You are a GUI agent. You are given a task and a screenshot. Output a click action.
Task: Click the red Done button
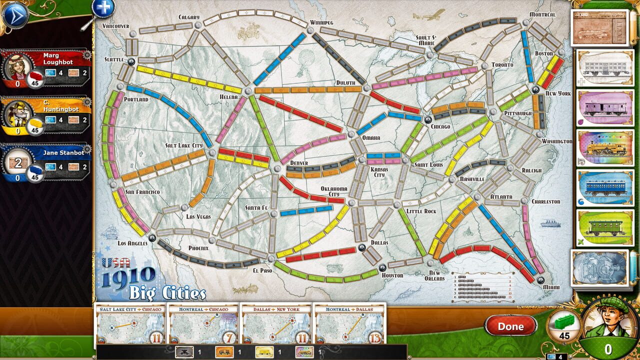(510, 326)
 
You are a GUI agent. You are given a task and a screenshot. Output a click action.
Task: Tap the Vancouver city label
(115, 26)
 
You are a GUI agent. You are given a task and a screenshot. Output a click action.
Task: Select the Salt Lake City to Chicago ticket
(130, 323)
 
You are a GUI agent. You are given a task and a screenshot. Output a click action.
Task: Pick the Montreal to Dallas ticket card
(349, 323)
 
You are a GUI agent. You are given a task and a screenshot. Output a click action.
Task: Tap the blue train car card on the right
(602, 188)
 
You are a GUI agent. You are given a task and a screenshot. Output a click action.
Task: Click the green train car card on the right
(602, 227)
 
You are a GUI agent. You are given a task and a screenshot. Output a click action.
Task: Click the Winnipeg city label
(321, 22)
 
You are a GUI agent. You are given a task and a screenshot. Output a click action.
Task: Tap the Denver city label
(298, 163)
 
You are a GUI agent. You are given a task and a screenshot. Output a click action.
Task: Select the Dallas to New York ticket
(276, 323)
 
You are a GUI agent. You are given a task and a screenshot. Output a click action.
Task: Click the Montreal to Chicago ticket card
(203, 323)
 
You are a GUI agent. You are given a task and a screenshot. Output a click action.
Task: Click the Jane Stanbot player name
(63, 153)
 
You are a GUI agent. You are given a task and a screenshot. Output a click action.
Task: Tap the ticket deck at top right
(599, 28)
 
